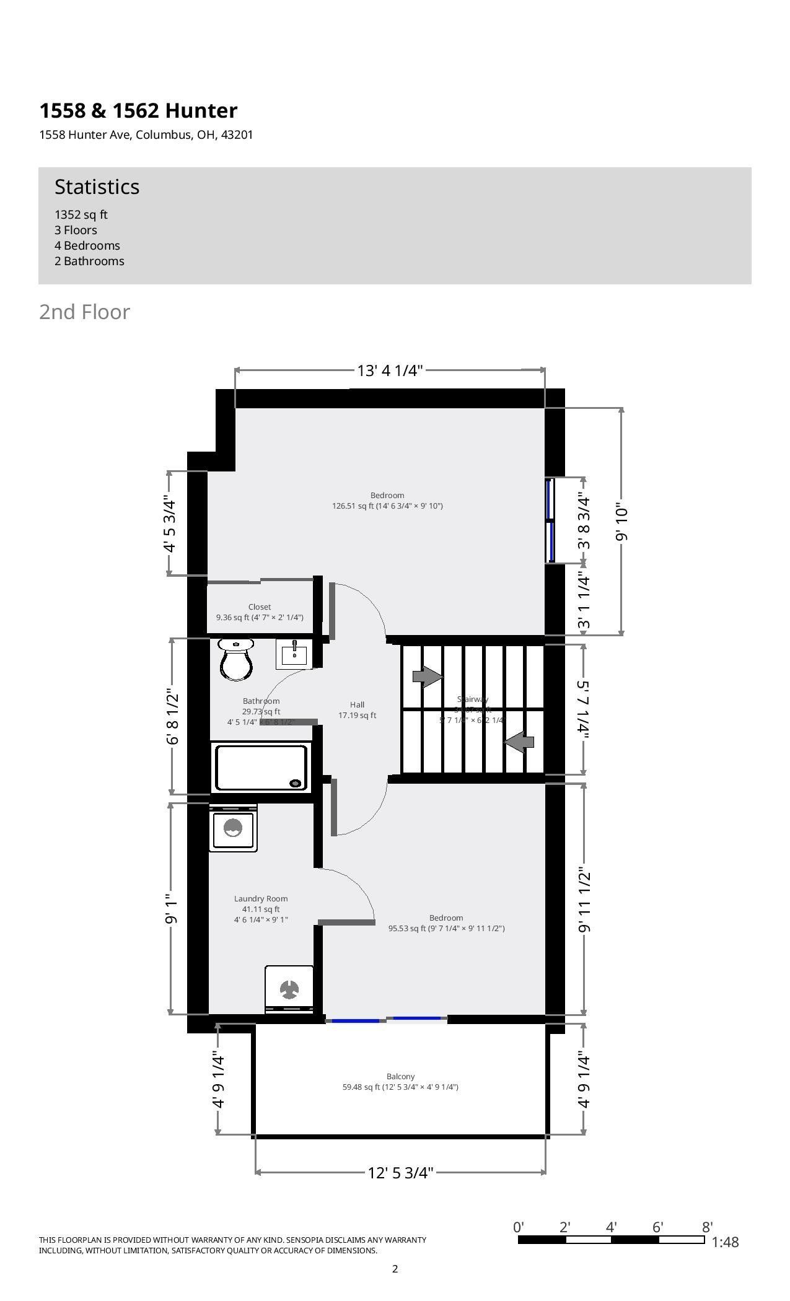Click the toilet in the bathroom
tap(235, 659)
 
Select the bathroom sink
tap(294, 654)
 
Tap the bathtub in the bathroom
tap(261, 768)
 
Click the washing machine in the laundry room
tap(232, 828)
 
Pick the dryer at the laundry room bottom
tap(289, 989)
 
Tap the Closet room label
tap(260, 607)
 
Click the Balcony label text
tap(400, 1077)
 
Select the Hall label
tap(357, 705)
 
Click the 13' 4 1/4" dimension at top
tap(390, 370)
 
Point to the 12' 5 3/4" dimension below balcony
tap(400, 1173)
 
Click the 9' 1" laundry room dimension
tap(172, 908)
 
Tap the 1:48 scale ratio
tap(725, 1242)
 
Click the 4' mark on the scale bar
tap(612, 1227)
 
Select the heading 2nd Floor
tap(85, 312)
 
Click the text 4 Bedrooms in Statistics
tap(87, 245)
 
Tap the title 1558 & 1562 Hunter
tap(138, 111)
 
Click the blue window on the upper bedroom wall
tap(549, 520)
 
